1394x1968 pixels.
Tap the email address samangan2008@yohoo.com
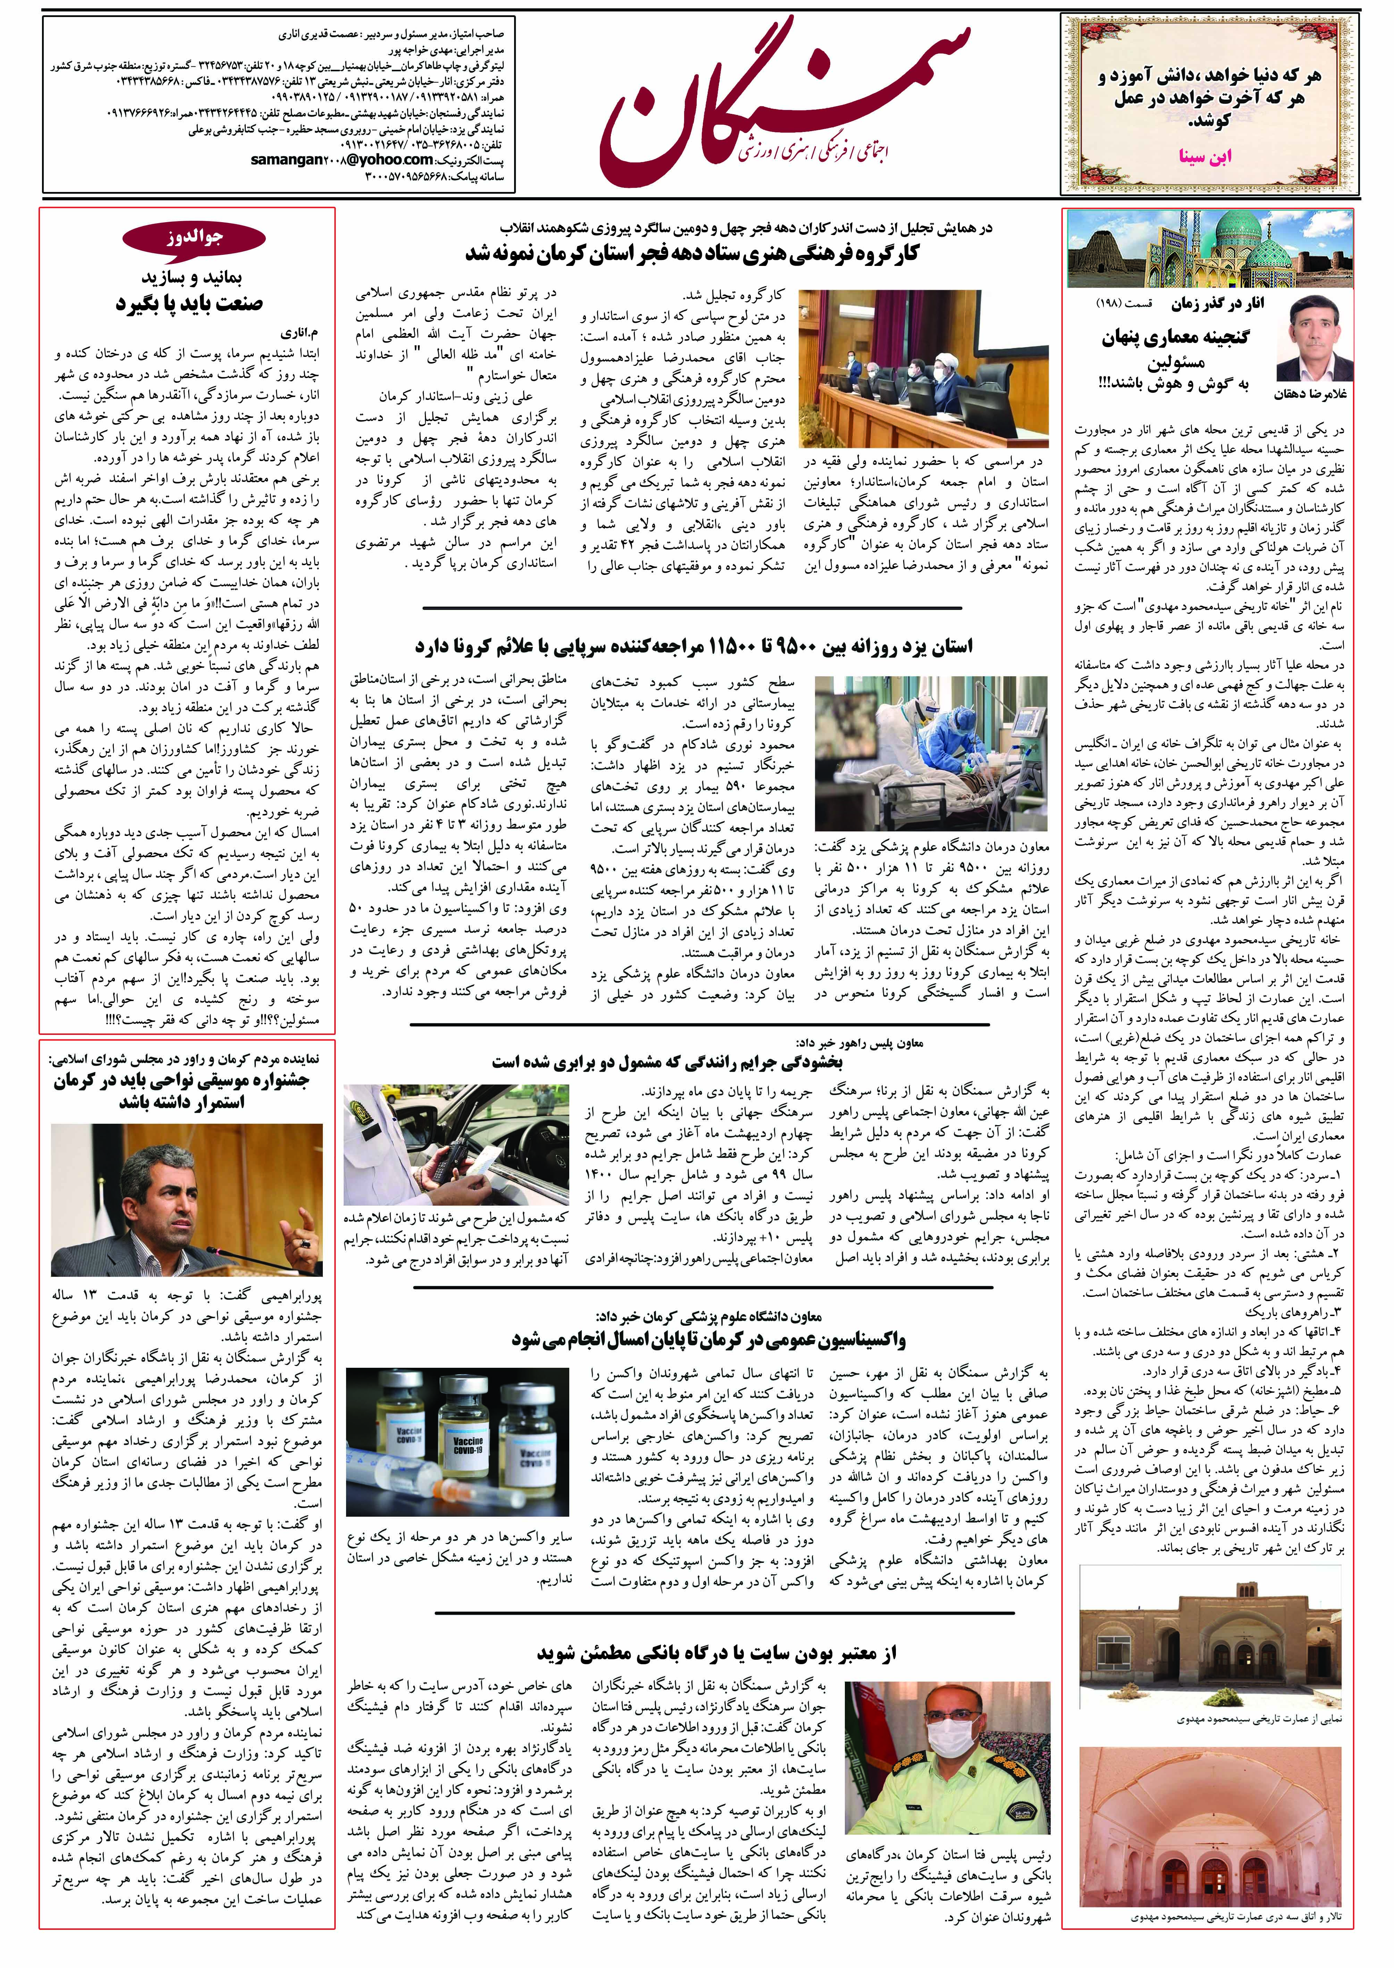click(x=342, y=160)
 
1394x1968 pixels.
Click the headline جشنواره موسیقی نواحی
click(x=182, y=1091)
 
